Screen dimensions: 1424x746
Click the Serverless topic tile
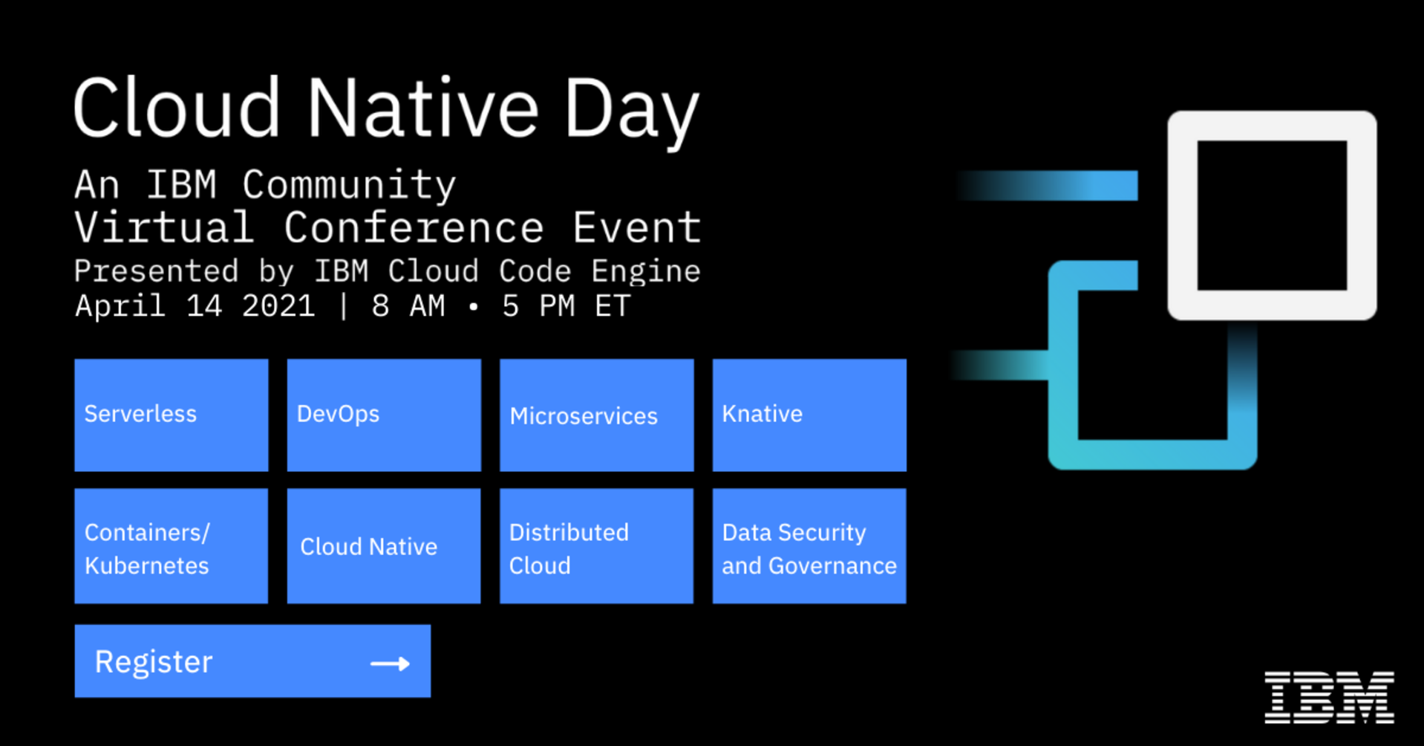coord(171,415)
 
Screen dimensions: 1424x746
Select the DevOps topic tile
coord(384,415)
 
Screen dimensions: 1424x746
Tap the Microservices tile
coord(596,415)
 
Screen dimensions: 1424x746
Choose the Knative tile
coord(809,415)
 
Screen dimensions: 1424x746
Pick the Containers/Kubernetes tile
coord(171,545)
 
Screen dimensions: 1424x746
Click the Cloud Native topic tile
coord(384,545)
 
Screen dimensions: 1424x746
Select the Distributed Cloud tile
coord(596,545)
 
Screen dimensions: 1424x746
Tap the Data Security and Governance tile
coord(809,545)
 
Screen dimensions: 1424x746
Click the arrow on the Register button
coord(390,663)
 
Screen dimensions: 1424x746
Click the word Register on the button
coord(154,662)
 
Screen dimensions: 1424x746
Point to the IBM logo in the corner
coord(1329,697)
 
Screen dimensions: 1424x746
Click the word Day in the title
coord(632,110)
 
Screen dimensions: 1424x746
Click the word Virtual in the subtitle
coord(164,227)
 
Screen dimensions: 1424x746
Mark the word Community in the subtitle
coord(349,186)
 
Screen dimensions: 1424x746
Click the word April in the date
coord(120,306)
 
